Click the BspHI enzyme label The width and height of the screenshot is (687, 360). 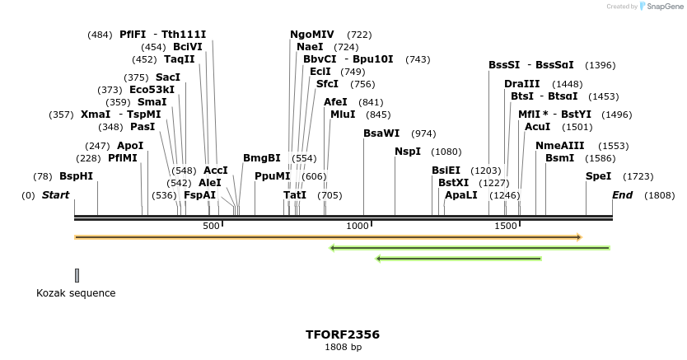pyautogui.click(x=76, y=176)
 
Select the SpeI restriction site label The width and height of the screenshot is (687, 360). pyautogui.click(x=598, y=176)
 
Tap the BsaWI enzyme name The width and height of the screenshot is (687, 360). pyautogui.click(x=381, y=133)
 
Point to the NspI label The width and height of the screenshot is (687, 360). pyautogui.click(x=407, y=152)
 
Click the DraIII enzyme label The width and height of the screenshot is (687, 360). pyautogui.click(x=521, y=84)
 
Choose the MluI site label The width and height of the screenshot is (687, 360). pyautogui.click(x=342, y=115)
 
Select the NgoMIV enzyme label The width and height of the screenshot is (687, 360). pyautogui.click(x=311, y=35)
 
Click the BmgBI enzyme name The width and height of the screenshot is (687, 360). pyautogui.click(x=261, y=158)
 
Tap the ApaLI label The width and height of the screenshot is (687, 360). pyautogui.click(x=460, y=195)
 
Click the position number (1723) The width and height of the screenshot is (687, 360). pyautogui.click(x=638, y=176)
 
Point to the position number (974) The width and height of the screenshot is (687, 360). pyautogui.click(x=423, y=133)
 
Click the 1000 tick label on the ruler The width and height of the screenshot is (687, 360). pyautogui.click(x=357, y=227)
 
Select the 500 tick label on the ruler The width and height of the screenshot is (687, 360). pyautogui.click(x=211, y=227)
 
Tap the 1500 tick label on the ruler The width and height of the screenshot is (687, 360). pyautogui.click(x=505, y=227)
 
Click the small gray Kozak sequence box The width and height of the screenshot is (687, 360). pyautogui.click(x=77, y=275)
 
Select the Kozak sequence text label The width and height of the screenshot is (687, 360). pyautogui.click(x=76, y=293)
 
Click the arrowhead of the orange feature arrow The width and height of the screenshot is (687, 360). pyautogui.click(x=579, y=237)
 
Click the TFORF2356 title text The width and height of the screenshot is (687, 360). pyautogui.click(x=343, y=334)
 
